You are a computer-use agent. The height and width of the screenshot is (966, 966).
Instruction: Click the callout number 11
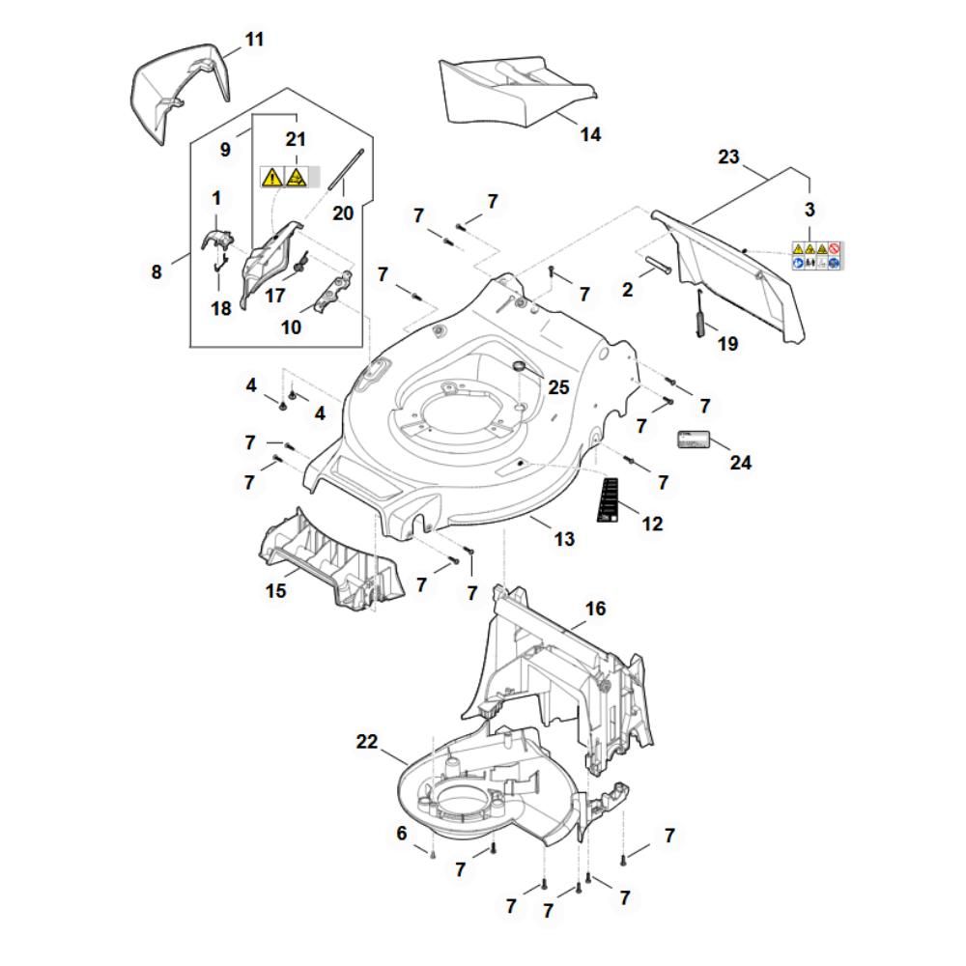click(254, 40)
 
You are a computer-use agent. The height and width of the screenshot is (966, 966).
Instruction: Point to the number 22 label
click(367, 741)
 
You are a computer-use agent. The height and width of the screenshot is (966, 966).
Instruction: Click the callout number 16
click(595, 609)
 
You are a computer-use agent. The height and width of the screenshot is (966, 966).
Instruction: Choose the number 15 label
click(277, 589)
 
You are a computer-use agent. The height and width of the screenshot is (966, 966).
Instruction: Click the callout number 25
click(558, 388)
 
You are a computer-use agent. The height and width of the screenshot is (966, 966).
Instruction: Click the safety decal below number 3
click(816, 255)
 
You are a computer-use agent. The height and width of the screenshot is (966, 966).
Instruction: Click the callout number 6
click(402, 833)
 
